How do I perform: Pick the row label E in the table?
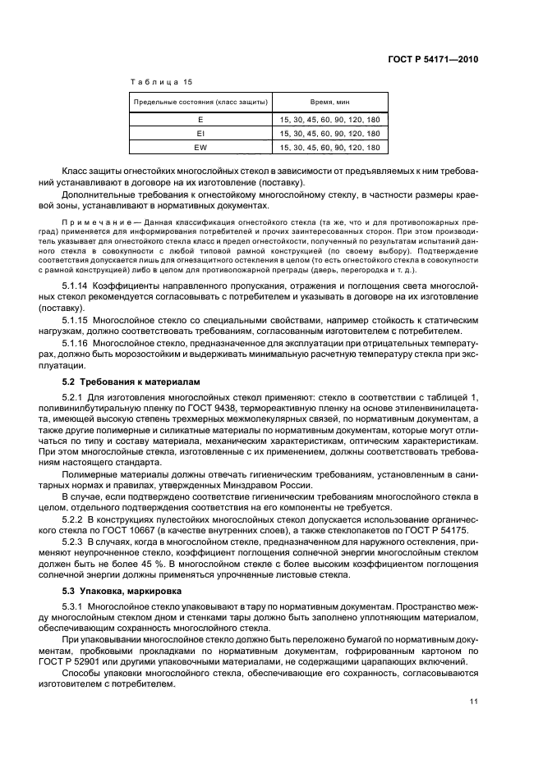200,119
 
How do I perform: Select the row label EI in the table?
200,133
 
